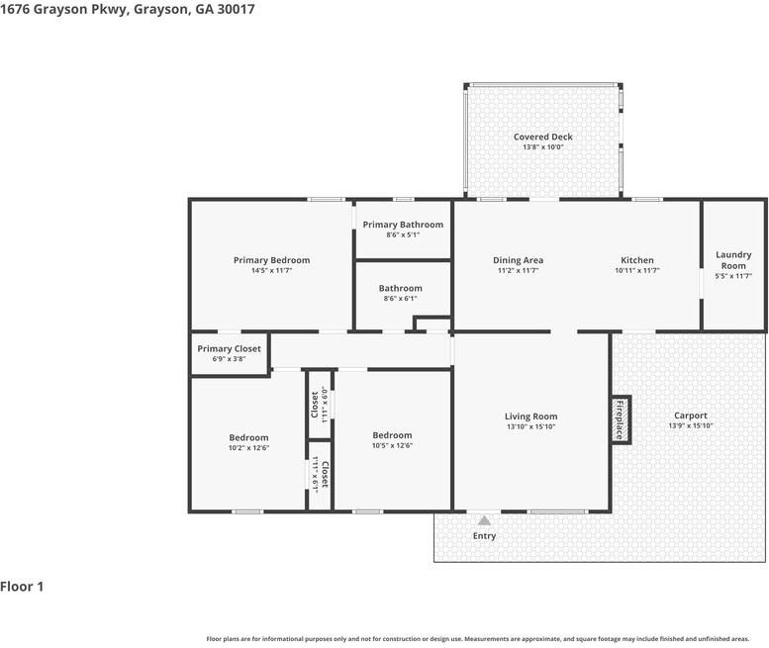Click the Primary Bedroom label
271,260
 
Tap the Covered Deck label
542,137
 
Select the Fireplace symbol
621,419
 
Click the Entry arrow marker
484,519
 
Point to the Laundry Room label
733,260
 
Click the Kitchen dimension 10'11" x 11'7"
636,270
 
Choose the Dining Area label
519,260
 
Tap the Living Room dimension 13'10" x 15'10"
531,426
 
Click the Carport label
690,416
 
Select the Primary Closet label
229,348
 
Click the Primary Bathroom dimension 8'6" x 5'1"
403,234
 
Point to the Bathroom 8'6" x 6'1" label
400,289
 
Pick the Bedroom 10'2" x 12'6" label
248,437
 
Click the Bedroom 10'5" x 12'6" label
392,435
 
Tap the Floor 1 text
22,587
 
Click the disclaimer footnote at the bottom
478,638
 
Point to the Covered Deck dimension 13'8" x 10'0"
542,147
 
